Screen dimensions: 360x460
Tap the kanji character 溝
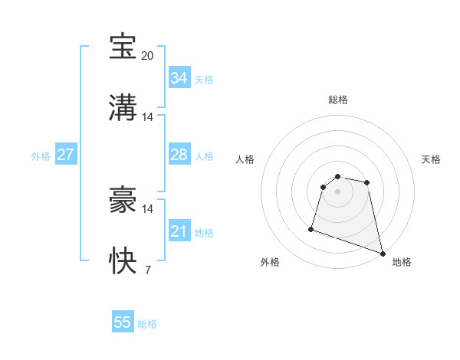pyautogui.click(x=123, y=108)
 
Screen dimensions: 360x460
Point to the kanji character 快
pyautogui.click(x=123, y=261)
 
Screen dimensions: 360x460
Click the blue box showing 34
pyautogui.click(x=179, y=78)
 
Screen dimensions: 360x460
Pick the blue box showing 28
pyautogui.click(x=179, y=155)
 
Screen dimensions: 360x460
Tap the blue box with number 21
pyautogui.click(x=179, y=231)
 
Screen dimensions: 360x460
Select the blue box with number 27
pyautogui.click(x=65, y=155)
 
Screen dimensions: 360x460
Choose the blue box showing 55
pyautogui.click(x=123, y=322)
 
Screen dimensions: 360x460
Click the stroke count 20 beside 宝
pyautogui.click(x=148, y=55)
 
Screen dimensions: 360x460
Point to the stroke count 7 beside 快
pyautogui.click(x=147, y=270)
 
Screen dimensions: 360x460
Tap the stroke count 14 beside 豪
pyautogui.click(x=148, y=208)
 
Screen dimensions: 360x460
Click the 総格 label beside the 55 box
pyautogui.click(x=147, y=324)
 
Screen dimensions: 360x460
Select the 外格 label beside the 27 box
pyautogui.click(x=41, y=156)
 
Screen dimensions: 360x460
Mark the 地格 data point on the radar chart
pyautogui.click(x=382, y=253)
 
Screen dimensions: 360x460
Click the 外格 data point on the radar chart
pyautogui.click(x=311, y=228)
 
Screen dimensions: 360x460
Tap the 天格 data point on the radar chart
pyautogui.click(x=367, y=182)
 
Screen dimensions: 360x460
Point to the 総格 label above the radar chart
pyautogui.click(x=338, y=100)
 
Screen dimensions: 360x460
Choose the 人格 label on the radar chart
pyautogui.click(x=245, y=160)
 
